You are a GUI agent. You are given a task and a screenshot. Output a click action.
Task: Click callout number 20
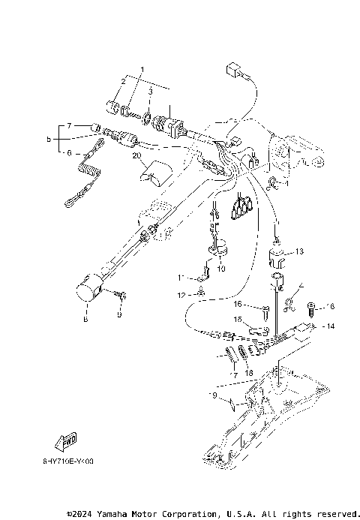tap(136, 156)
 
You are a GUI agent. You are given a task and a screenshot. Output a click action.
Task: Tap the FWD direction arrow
tap(67, 440)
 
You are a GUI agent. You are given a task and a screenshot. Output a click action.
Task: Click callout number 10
tap(221, 267)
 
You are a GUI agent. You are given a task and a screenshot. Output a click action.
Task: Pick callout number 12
tap(179, 295)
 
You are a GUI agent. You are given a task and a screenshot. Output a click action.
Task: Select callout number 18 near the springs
tap(248, 372)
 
